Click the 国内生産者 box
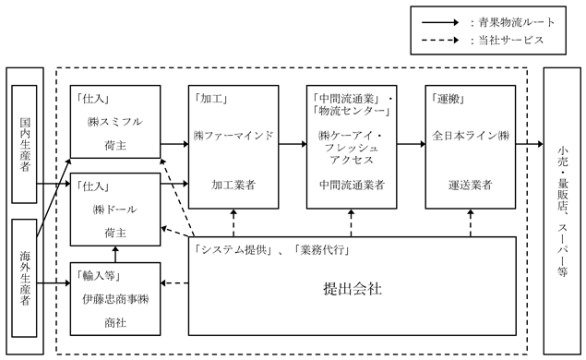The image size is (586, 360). (24, 144)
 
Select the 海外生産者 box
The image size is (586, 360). (24, 278)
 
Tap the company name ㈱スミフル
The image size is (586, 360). (115, 122)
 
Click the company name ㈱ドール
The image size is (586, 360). (115, 210)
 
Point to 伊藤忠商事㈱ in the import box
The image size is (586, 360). (115, 299)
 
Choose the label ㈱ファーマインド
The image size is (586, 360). (233, 136)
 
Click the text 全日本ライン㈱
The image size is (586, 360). (471, 136)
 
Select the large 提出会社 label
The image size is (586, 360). (353, 289)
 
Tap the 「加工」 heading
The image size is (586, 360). (210, 99)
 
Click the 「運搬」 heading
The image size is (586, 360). (448, 99)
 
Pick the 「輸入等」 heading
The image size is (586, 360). (98, 276)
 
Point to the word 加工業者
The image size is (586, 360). (233, 185)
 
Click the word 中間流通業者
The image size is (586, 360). (352, 185)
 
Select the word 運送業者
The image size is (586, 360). (471, 185)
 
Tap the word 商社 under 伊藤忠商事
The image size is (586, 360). (115, 323)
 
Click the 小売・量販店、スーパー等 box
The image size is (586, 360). (562, 210)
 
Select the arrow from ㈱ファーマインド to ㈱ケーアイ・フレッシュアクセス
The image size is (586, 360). (293, 144)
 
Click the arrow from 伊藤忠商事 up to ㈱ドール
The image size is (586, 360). (115, 254)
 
